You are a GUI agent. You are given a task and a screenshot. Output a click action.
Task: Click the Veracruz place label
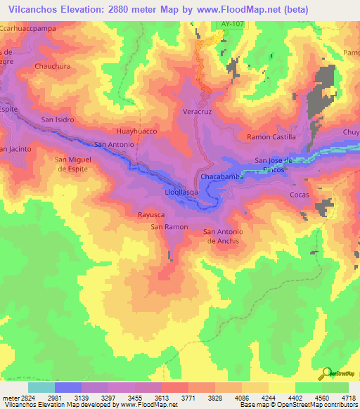click(x=198, y=112)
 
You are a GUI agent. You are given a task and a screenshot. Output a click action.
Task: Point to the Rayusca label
click(x=150, y=215)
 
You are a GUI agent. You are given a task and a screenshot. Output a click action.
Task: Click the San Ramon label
click(x=170, y=227)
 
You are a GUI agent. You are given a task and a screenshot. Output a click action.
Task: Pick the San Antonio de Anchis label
click(x=223, y=237)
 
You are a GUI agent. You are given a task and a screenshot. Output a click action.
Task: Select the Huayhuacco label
click(x=136, y=131)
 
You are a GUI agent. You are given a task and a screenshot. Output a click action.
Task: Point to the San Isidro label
click(x=58, y=119)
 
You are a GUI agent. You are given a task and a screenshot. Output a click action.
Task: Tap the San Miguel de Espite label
click(x=74, y=164)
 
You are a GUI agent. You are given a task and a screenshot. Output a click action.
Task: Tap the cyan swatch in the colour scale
click(x=41, y=387)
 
